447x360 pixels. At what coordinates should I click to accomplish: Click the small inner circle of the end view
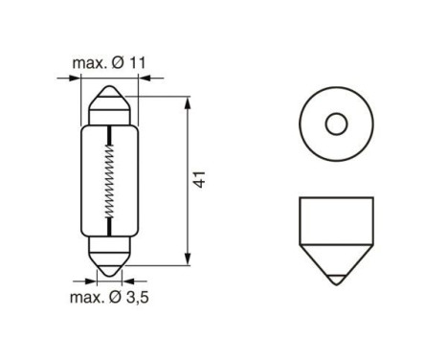[x=335, y=124]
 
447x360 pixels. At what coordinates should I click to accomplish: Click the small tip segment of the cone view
[x=335, y=277]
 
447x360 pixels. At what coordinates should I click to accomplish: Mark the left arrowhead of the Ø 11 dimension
[x=78, y=81]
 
